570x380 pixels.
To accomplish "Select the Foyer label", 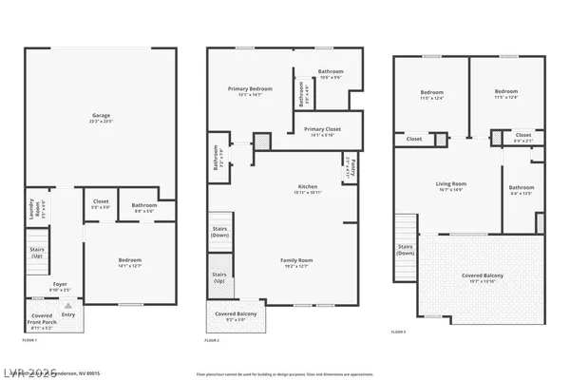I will (x=59, y=284).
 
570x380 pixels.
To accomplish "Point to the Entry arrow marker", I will (x=66, y=305).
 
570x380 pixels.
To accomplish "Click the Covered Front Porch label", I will (x=42, y=315).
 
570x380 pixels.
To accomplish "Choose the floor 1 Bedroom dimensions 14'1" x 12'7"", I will (x=129, y=265).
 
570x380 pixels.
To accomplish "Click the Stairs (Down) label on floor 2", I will (x=219, y=231).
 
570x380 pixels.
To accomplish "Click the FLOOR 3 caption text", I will (x=401, y=332).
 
